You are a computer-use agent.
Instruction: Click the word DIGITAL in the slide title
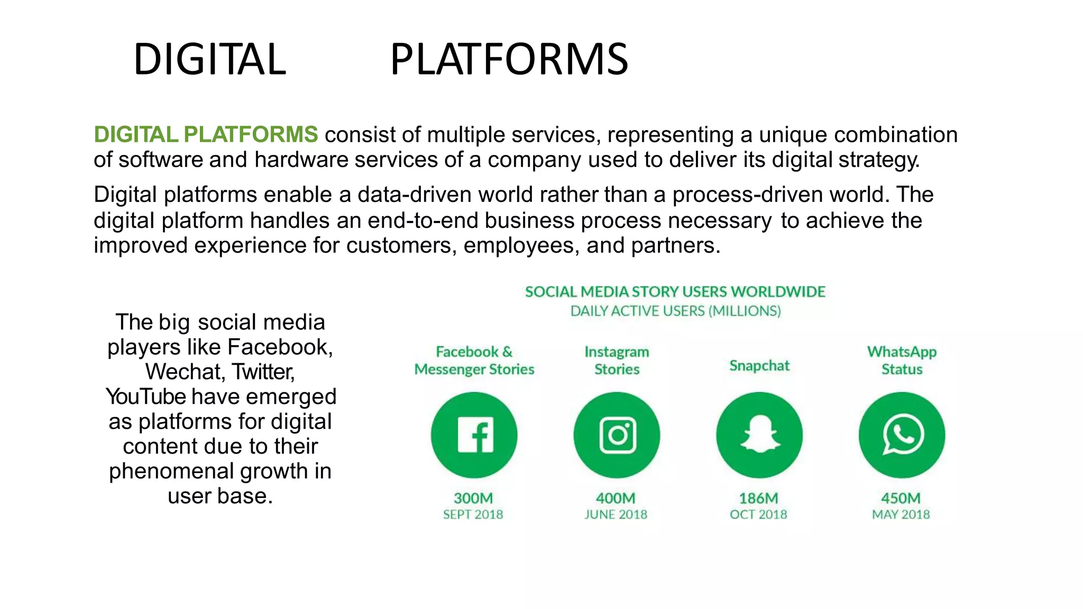[209, 59]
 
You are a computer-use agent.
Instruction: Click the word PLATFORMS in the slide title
[509, 59]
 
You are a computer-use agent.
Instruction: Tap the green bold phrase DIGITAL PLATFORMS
[206, 134]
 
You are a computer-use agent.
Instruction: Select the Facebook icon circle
[474, 435]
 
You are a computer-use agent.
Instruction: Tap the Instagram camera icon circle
[617, 435]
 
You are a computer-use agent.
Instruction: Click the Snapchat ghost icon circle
[759, 435]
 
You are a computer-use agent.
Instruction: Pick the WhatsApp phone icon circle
[902, 435]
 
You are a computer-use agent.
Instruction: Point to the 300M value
[473, 498]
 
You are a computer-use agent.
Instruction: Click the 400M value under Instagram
[616, 498]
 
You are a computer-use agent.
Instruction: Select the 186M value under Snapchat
[758, 498]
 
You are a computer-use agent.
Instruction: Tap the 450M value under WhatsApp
[901, 498]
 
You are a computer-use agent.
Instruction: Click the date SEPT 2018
[473, 514]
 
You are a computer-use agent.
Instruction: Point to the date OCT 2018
[758, 514]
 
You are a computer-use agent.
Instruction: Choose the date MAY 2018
[901, 514]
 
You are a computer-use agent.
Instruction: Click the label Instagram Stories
[617, 361]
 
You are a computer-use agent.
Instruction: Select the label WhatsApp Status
[902, 361]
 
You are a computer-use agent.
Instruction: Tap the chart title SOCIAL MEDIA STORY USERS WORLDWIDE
[675, 292]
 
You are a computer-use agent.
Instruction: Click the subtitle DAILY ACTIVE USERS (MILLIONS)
[675, 311]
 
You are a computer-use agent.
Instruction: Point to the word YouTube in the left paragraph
[146, 396]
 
